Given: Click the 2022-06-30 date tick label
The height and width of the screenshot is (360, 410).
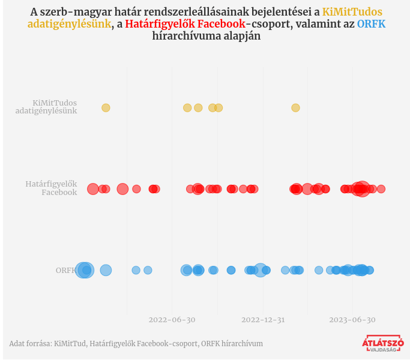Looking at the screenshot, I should [172, 320].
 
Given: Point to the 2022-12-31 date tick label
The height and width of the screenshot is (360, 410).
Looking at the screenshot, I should [263, 320].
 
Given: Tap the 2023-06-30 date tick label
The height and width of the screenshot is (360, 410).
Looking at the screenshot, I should [352, 320].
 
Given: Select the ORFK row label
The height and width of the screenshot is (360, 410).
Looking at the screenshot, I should [66, 271].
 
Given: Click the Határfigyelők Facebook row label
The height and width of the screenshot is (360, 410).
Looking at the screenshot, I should [51, 188].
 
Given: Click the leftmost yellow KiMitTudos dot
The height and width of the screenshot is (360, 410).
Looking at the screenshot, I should [106, 108].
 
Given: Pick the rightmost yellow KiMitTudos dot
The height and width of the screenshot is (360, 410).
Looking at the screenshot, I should [295, 108].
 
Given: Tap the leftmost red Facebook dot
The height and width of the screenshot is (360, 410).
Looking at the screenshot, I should [92, 189].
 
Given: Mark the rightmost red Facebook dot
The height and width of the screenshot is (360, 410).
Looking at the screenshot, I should [381, 189].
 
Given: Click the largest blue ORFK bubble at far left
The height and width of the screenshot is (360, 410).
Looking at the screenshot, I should [85, 271].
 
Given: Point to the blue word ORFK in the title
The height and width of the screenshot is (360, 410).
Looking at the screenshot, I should [371, 24].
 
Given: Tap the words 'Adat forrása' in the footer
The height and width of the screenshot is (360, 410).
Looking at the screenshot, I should [29, 344].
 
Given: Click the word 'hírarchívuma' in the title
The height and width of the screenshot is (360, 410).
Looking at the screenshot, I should [184, 37].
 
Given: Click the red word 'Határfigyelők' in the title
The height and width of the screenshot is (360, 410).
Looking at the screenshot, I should [157, 24].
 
